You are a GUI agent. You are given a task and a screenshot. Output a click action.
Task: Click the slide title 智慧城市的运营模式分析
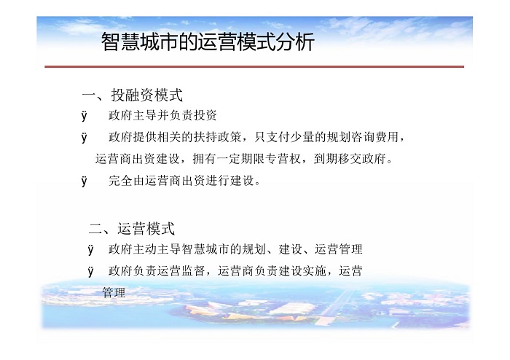208,42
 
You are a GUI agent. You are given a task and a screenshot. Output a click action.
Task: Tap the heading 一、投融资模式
133,95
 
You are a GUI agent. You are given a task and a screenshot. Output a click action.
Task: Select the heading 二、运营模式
132,228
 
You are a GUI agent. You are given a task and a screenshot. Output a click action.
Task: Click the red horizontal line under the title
254,66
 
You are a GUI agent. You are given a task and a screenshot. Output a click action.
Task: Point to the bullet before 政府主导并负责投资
85,116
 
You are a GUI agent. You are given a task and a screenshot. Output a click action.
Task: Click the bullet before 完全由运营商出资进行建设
85,181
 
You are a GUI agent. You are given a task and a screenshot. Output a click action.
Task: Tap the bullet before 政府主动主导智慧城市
91,249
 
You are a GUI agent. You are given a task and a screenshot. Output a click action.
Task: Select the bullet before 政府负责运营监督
91,271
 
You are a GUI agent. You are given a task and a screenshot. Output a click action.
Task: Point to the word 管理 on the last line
114,292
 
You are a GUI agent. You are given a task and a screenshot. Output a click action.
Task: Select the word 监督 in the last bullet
194,270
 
